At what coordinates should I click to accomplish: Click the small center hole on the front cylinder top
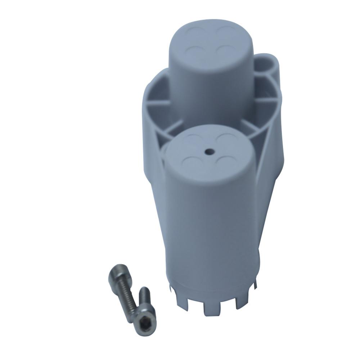point(209,152)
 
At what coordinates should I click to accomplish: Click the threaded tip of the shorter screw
point(144,292)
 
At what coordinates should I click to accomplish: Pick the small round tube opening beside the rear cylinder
point(267,66)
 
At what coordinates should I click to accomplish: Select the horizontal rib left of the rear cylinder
point(158,102)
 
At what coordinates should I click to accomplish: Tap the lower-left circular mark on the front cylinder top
point(191,160)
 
